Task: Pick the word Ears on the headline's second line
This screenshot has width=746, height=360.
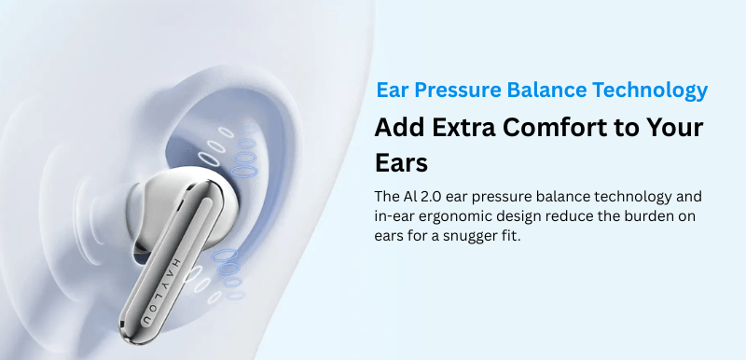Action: [401, 163]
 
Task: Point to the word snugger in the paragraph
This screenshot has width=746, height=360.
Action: [470, 236]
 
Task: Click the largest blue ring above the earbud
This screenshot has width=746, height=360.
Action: [244, 170]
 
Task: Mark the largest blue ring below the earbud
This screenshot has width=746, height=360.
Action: [225, 255]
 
